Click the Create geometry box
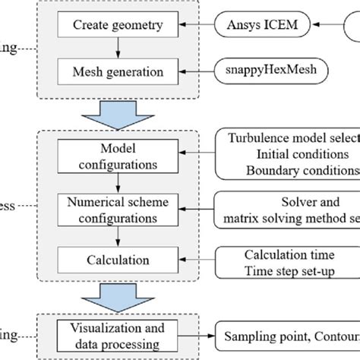click(x=117, y=25)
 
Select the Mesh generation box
click(x=117, y=73)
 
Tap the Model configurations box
click(x=117, y=156)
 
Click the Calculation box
click(x=117, y=261)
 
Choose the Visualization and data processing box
click(x=117, y=334)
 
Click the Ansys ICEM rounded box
click(x=261, y=24)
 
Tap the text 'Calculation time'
click(x=286, y=254)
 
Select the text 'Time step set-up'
click(x=289, y=270)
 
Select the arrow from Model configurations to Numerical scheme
click(x=117, y=182)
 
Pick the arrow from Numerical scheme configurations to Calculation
click(x=117, y=235)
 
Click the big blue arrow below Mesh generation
click(x=117, y=113)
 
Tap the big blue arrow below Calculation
click(x=117, y=298)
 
